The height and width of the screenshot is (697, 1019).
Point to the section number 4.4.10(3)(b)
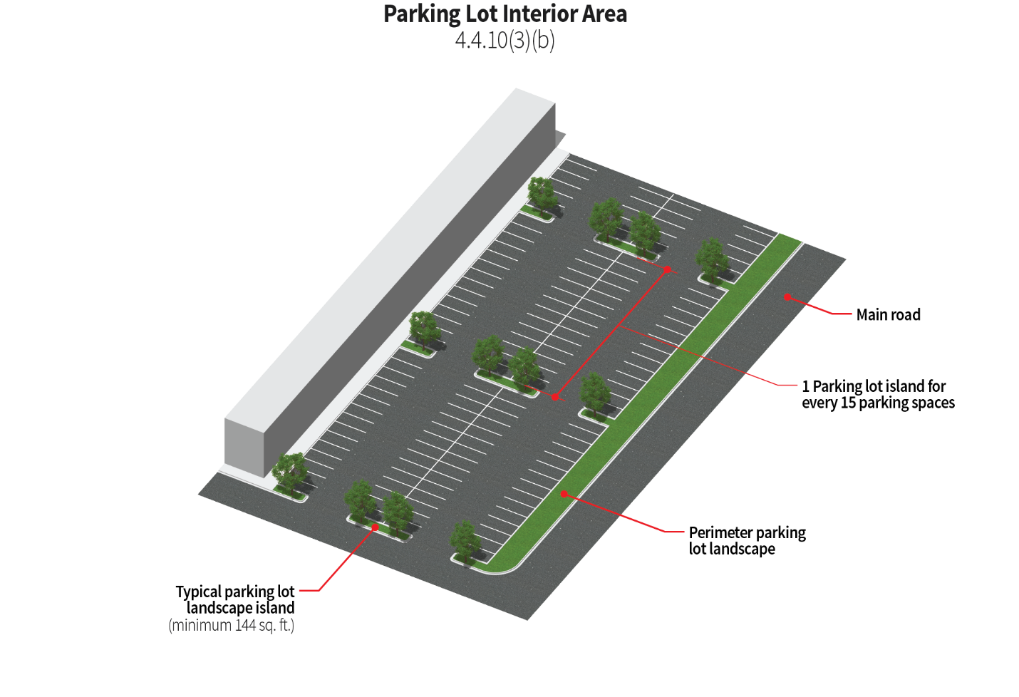pos(505,40)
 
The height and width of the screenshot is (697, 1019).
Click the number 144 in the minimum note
pos(244,625)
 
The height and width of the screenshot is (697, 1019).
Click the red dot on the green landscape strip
pos(564,493)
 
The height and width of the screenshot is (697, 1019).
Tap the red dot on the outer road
pos(787,296)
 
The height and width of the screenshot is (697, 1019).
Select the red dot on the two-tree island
pos(376,527)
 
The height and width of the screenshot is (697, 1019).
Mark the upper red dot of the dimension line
pos(668,269)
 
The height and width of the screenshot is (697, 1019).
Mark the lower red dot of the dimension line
pos(556,397)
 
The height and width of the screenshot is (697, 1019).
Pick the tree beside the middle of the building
pos(423,330)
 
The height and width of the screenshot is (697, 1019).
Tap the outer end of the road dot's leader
pos(851,313)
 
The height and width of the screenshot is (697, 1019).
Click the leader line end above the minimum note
pos(300,590)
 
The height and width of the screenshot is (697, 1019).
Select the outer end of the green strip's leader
pos(683,532)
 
